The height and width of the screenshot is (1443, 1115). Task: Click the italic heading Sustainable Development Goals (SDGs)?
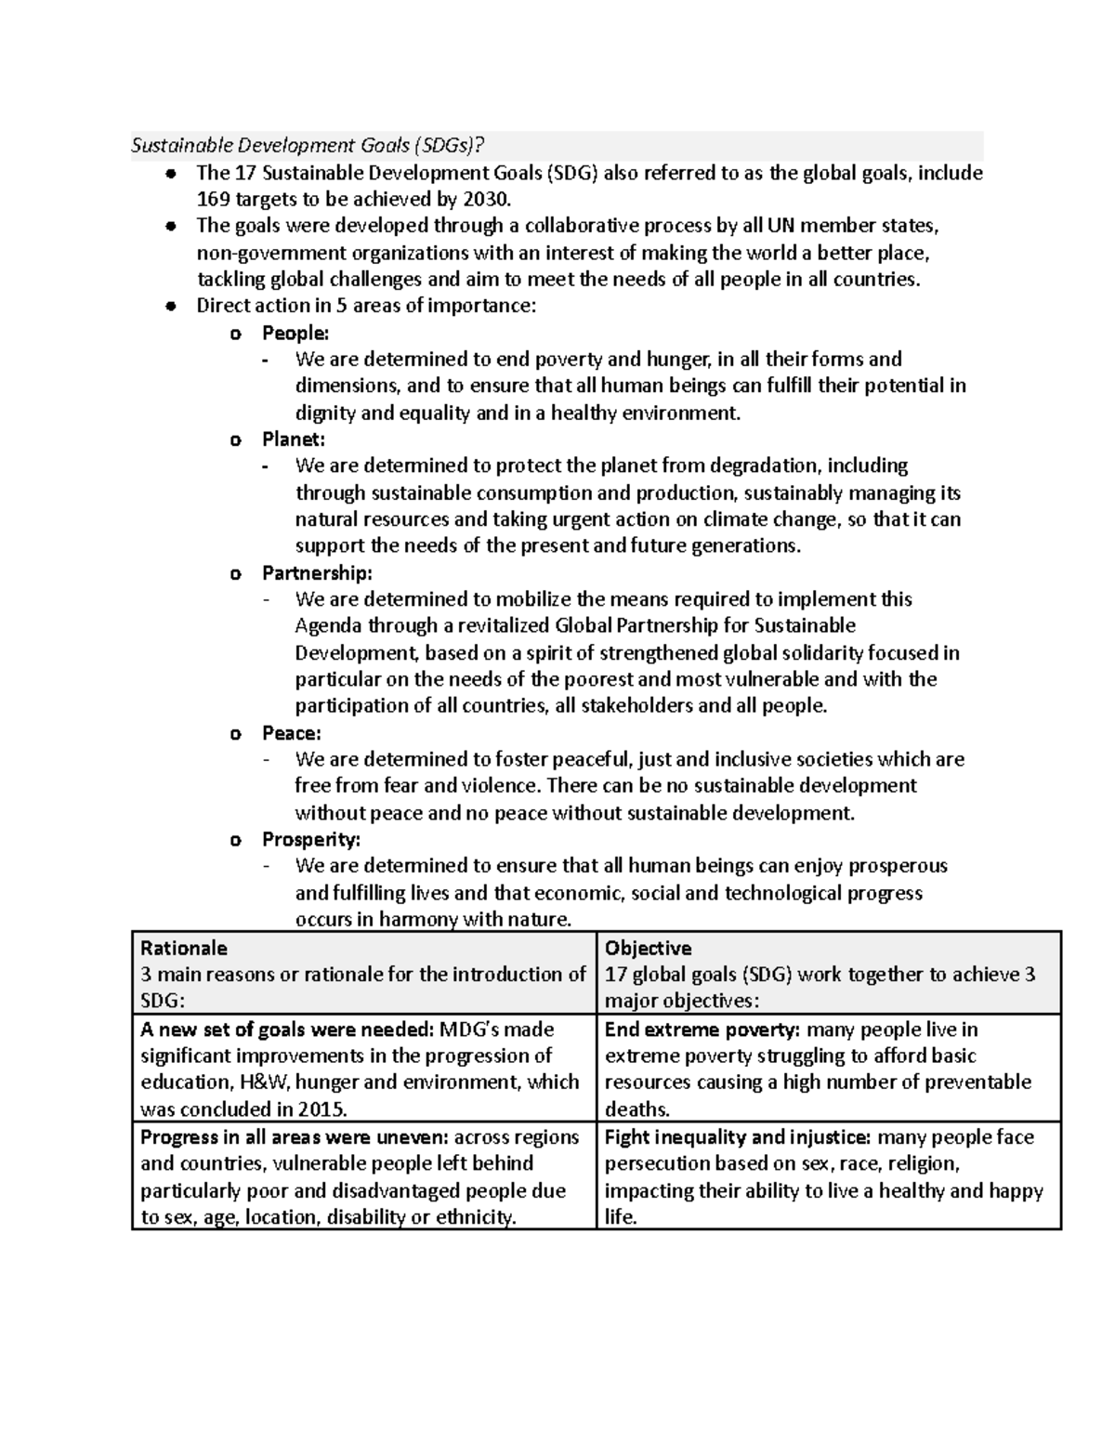[x=308, y=145]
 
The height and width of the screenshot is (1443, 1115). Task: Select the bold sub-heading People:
[x=295, y=333]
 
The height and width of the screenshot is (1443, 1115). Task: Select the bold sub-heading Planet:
[x=294, y=439]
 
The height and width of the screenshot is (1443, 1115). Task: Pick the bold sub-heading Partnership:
[x=317, y=572]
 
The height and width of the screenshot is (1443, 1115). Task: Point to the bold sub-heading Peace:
[x=292, y=733]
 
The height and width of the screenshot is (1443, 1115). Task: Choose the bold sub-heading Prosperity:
[x=311, y=840]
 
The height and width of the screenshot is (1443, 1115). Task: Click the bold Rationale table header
[x=183, y=948]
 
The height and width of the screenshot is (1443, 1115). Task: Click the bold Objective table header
[x=648, y=948]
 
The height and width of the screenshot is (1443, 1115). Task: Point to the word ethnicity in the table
[x=475, y=1218]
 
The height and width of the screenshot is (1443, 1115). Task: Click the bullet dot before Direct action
[x=169, y=307]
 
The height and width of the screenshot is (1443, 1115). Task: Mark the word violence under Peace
[x=503, y=786]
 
